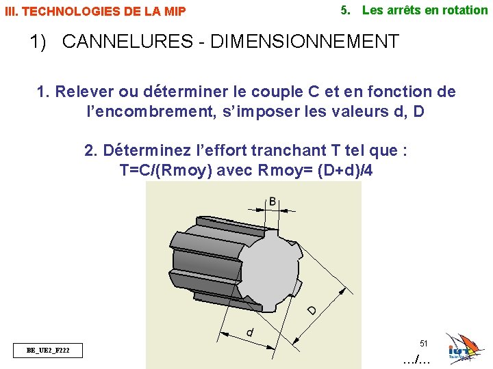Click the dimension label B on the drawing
(x=273, y=202)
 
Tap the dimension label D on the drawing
(x=312, y=310)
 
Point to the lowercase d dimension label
(x=251, y=332)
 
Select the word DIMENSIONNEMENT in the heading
(x=305, y=42)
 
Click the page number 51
(x=423, y=343)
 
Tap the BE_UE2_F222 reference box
(x=47, y=351)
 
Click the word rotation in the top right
(x=464, y=10)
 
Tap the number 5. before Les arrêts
(x=346, y=10)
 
